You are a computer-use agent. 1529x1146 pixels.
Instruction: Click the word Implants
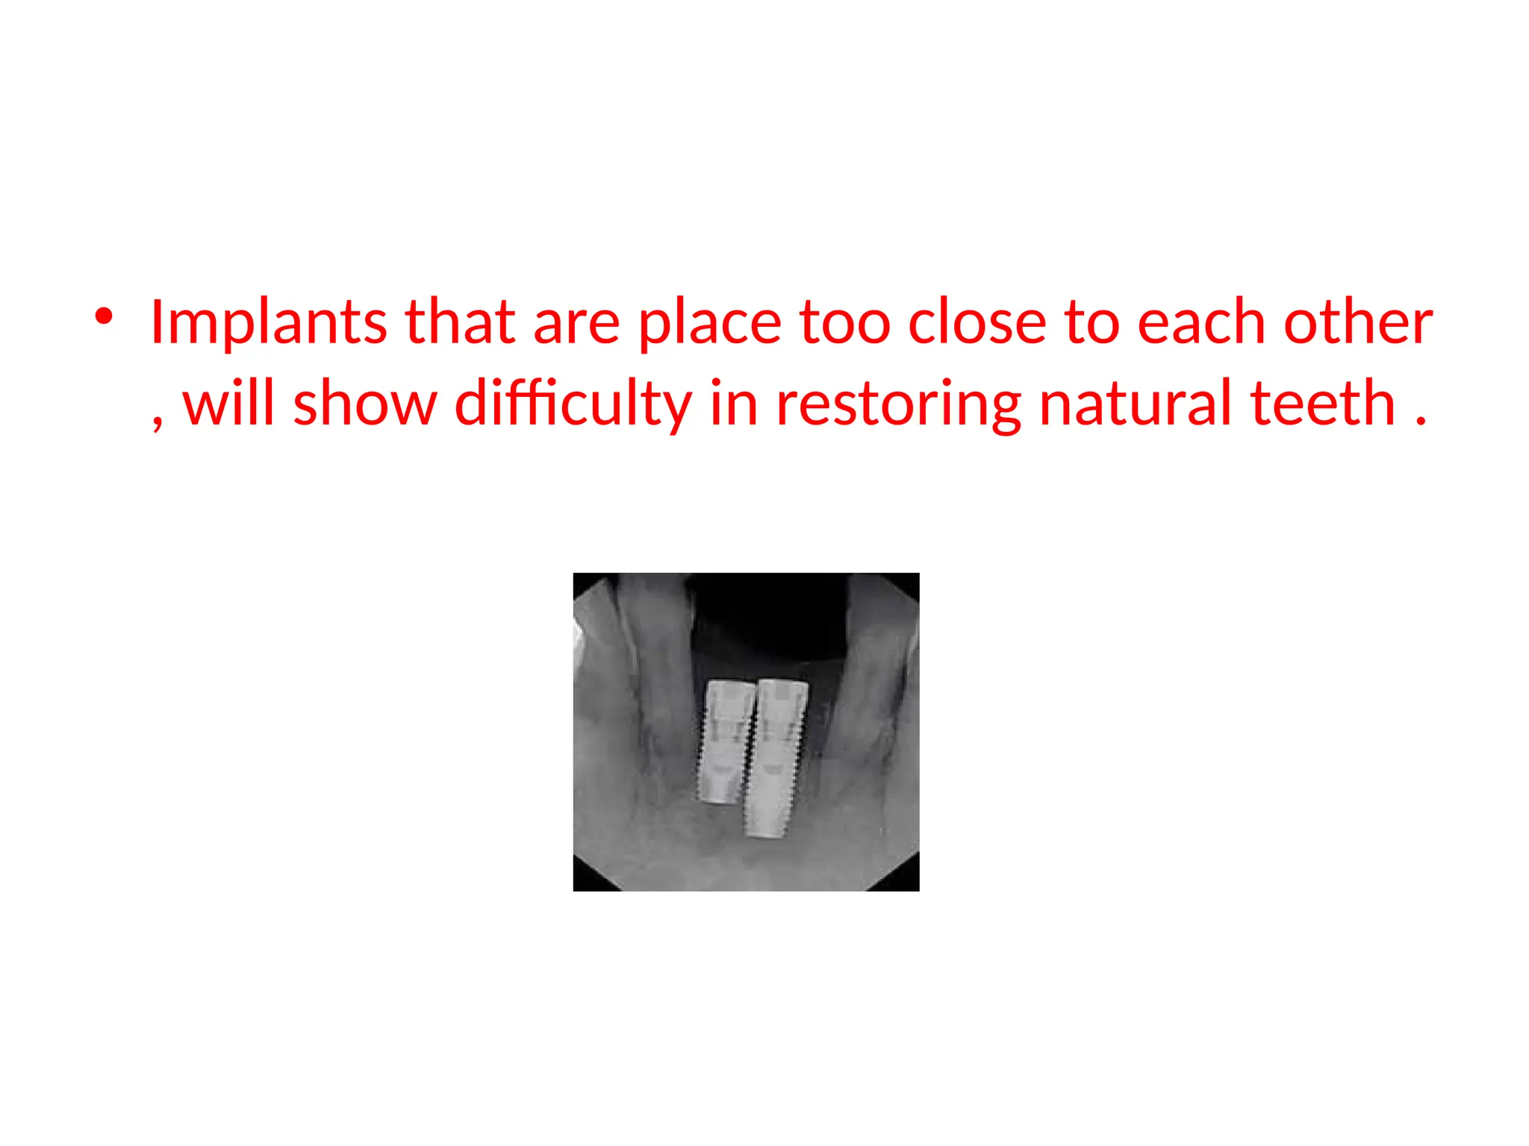click(268, 322)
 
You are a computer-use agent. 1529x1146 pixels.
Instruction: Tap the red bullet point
click(104, 317)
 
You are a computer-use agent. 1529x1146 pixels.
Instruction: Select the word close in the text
click(977, 322)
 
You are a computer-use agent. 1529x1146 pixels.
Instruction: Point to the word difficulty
click(573, 404)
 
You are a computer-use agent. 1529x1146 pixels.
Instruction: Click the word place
click(709, 324)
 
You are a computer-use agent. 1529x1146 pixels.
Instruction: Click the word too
click(844, 324)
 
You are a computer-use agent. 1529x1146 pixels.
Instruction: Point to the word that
click(460, 322)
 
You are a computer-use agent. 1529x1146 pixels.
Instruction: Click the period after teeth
click(1420, 421)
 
